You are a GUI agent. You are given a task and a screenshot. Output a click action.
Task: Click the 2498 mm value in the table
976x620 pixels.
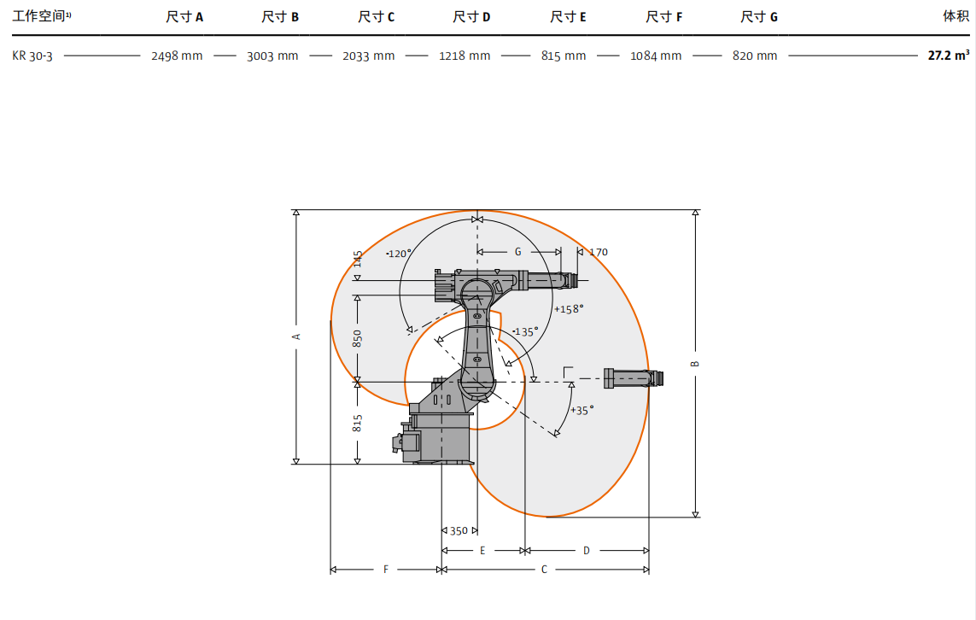177,56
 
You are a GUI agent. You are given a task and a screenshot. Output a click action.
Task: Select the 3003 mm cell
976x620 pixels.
272,56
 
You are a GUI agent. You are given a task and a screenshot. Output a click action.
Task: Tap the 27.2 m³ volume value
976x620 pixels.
949,56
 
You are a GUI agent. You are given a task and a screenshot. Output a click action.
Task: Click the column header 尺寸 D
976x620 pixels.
471,17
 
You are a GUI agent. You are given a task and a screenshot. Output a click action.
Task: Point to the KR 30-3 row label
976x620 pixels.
32,56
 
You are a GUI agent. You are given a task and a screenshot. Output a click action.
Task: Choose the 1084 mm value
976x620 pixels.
656,56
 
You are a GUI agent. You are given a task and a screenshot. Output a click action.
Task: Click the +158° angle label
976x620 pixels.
569,309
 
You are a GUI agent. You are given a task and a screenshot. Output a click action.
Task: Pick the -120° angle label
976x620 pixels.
399,254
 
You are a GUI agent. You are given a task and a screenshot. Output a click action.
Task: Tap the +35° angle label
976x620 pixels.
582,410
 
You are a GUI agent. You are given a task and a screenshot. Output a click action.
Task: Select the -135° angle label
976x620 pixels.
525,332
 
